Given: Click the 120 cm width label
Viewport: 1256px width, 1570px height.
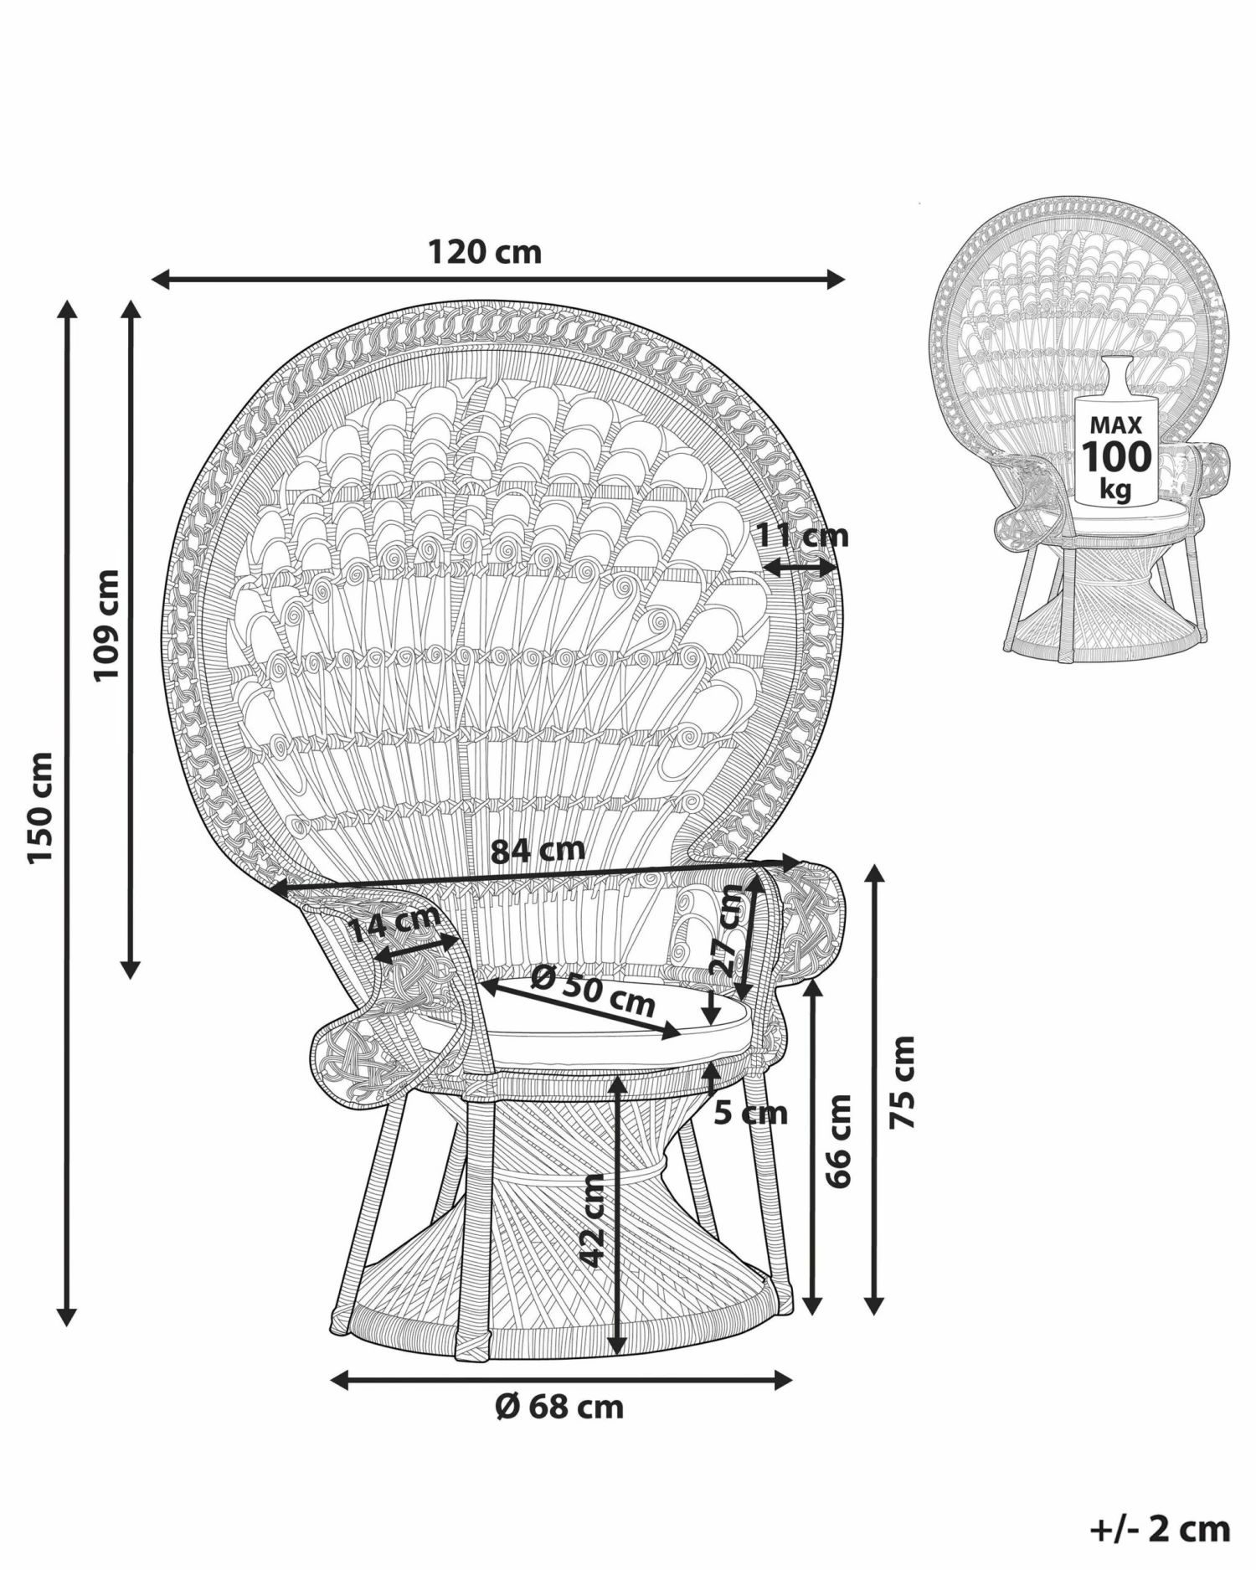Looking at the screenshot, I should (485, 251).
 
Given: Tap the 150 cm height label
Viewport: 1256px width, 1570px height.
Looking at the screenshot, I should (39, 808).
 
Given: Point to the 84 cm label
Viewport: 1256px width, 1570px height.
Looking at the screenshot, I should (538, 850).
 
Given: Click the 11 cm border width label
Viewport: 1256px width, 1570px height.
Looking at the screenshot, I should (803, 535).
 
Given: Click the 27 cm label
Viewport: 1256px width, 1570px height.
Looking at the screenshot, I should (727, 931).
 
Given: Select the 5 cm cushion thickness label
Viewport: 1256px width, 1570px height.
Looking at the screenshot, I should (751, 1113).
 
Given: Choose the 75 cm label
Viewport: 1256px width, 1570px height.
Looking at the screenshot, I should (903, 1081).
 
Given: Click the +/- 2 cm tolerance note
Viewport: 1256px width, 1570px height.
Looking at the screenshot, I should (1161, 1528).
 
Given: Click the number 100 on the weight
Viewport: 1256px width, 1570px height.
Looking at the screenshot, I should (1116, 457).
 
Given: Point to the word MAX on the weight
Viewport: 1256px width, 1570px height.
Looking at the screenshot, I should (1115, 425).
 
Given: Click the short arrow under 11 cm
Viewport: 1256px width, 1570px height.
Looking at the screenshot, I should (800, 568).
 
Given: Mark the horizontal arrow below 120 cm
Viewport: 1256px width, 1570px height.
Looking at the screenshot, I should (498, 279).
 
